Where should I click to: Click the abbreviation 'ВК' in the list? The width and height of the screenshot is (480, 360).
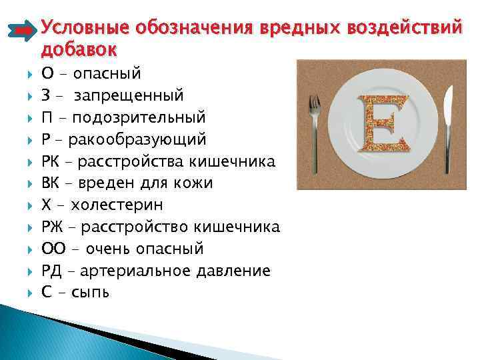[51, 183]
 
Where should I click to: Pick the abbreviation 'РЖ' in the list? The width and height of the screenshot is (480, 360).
[52, 227]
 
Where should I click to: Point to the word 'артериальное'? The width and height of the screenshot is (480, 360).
[141, 271]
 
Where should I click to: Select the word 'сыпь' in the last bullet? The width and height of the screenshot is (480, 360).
[91, 293]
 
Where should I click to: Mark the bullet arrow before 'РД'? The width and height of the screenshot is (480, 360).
[27, 271]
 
